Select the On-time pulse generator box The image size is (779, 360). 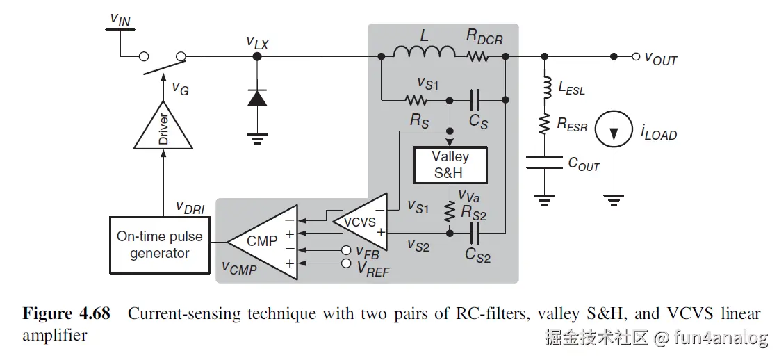[160, 245]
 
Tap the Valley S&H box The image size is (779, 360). [450, 165]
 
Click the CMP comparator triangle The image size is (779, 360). [262, 240]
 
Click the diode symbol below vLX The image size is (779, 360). [257, 98]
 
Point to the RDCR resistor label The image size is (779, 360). [484, 36]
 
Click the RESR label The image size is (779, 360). [572, 125]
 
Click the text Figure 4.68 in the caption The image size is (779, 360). [67, 313]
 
